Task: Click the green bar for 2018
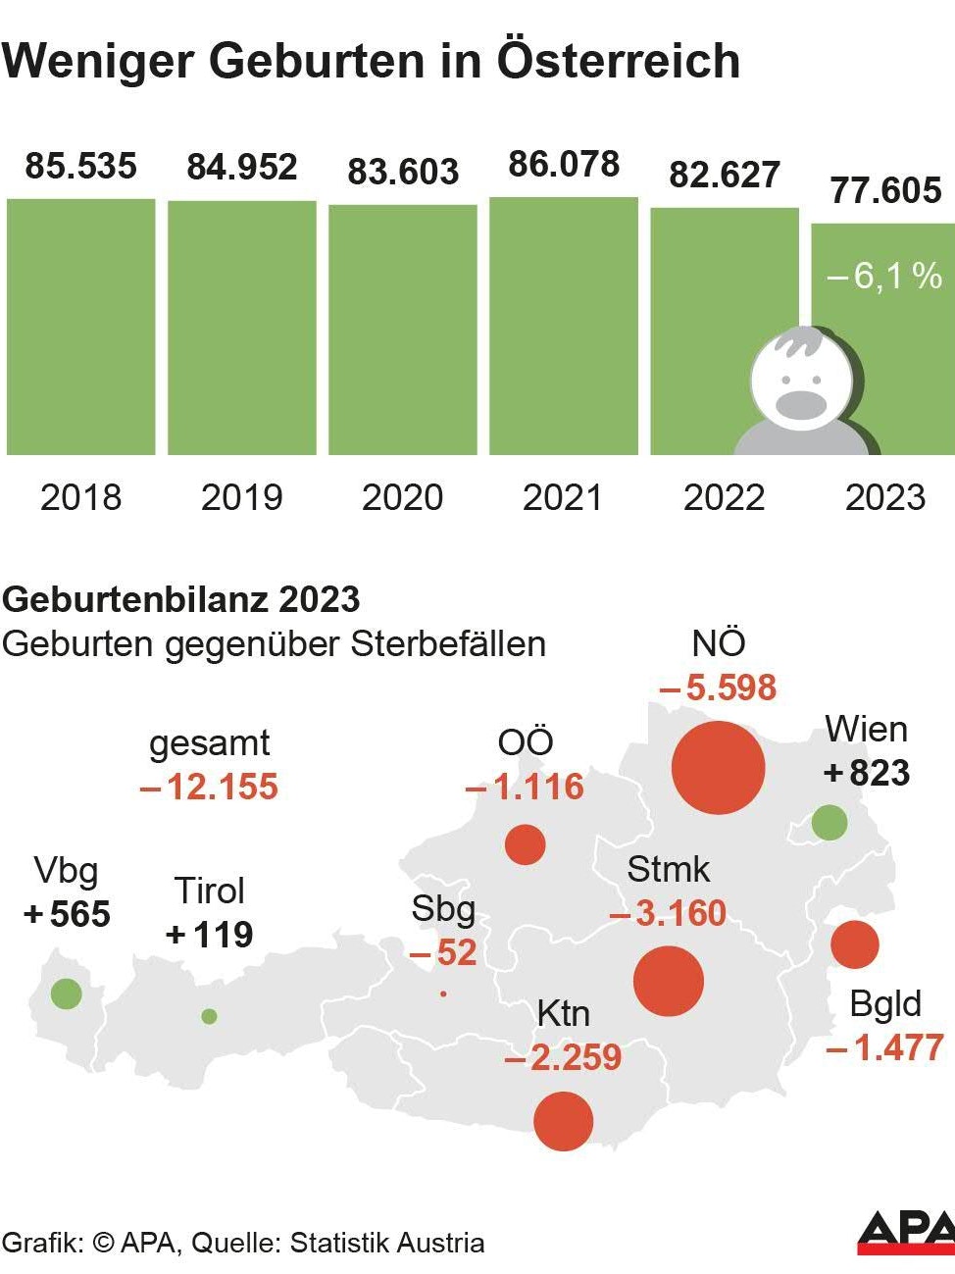pyautogui.click(x=80, y=327)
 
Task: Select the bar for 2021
pyautogui.click(x=563, y=326)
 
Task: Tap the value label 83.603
pyautogui.click(x=403, y=172)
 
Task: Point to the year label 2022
pyautogui.click(x=724, y=497)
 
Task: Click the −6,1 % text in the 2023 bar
pyautogui.click(x=884, y=277)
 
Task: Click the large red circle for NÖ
pyautogui.click(x=718, y=768)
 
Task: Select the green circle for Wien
pyautogui.click(x=829, y=822)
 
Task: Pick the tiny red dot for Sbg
pyautogui.click(x=443, y=994)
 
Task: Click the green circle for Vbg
pyautogui.click(x=66, y=994)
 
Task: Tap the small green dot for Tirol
pyautogui.click(x=209, y=1016)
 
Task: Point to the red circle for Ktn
pyautogui.click(x=563, y=1120)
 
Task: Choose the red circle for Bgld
pyautogui.click(x=854, y=944)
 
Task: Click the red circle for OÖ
pyautogui.click(x=525, y=844)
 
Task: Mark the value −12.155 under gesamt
pyautogui.click(x=210, y=787)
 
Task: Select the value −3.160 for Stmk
pyautogui.click(x=669, y=913)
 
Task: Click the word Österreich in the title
pyautogui.click(x=618, y=61)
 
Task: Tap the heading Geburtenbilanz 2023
pyautogui.click(x=181, y=599)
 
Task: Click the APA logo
pyautogui.click(x=905, y=1233)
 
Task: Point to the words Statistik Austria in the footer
pyautogui.click(x=387, y=1243)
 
